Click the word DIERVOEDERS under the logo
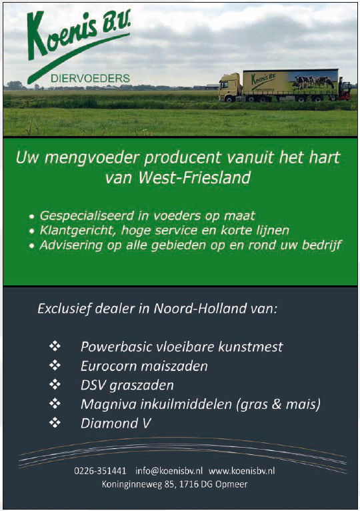click(x=90, y=79)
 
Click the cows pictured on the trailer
click(x=314, y=82)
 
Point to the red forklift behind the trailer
click(x=345, y=88)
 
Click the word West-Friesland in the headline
click(x=194, y=178)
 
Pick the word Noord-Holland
click(x=200, y=308)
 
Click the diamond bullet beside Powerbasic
click(x=55, y=346)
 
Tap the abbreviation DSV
click(x=93, y=386)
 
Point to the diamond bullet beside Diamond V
click(x=55, y=423)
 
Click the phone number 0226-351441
click(x=100, y=471)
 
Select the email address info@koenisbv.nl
click(x=169, y=471)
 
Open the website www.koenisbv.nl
click(x=242, y=471)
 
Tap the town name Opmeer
click(x=231, y=484)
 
